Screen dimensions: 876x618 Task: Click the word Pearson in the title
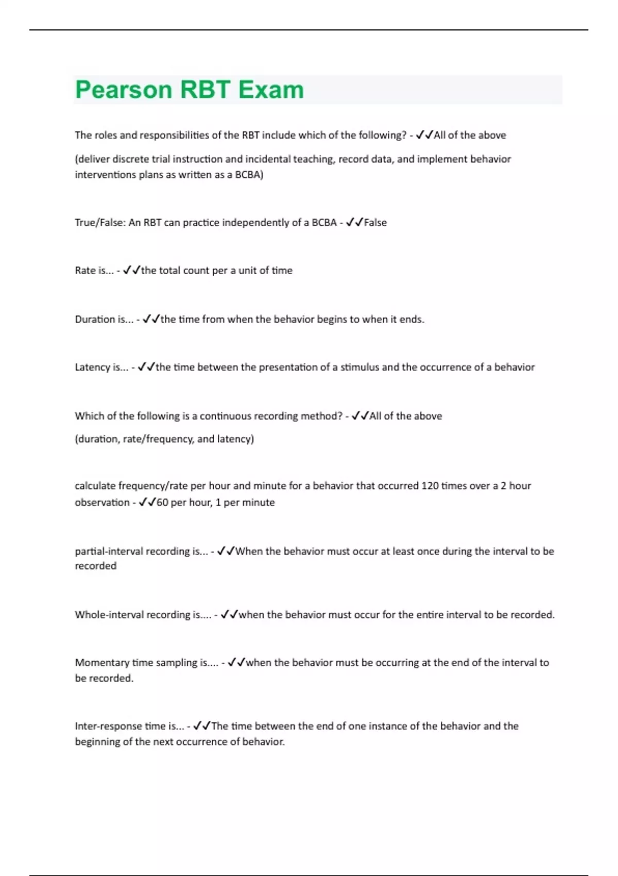[124, 90]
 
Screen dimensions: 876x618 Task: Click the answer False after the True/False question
[375, 223]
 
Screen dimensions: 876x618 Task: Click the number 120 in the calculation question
[430, 486]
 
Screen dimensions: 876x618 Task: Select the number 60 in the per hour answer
[162, 502]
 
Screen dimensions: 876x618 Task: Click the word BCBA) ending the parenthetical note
[249, 175]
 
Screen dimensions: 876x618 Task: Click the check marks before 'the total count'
[131, 270]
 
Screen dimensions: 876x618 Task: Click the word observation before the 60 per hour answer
[102, 502]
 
